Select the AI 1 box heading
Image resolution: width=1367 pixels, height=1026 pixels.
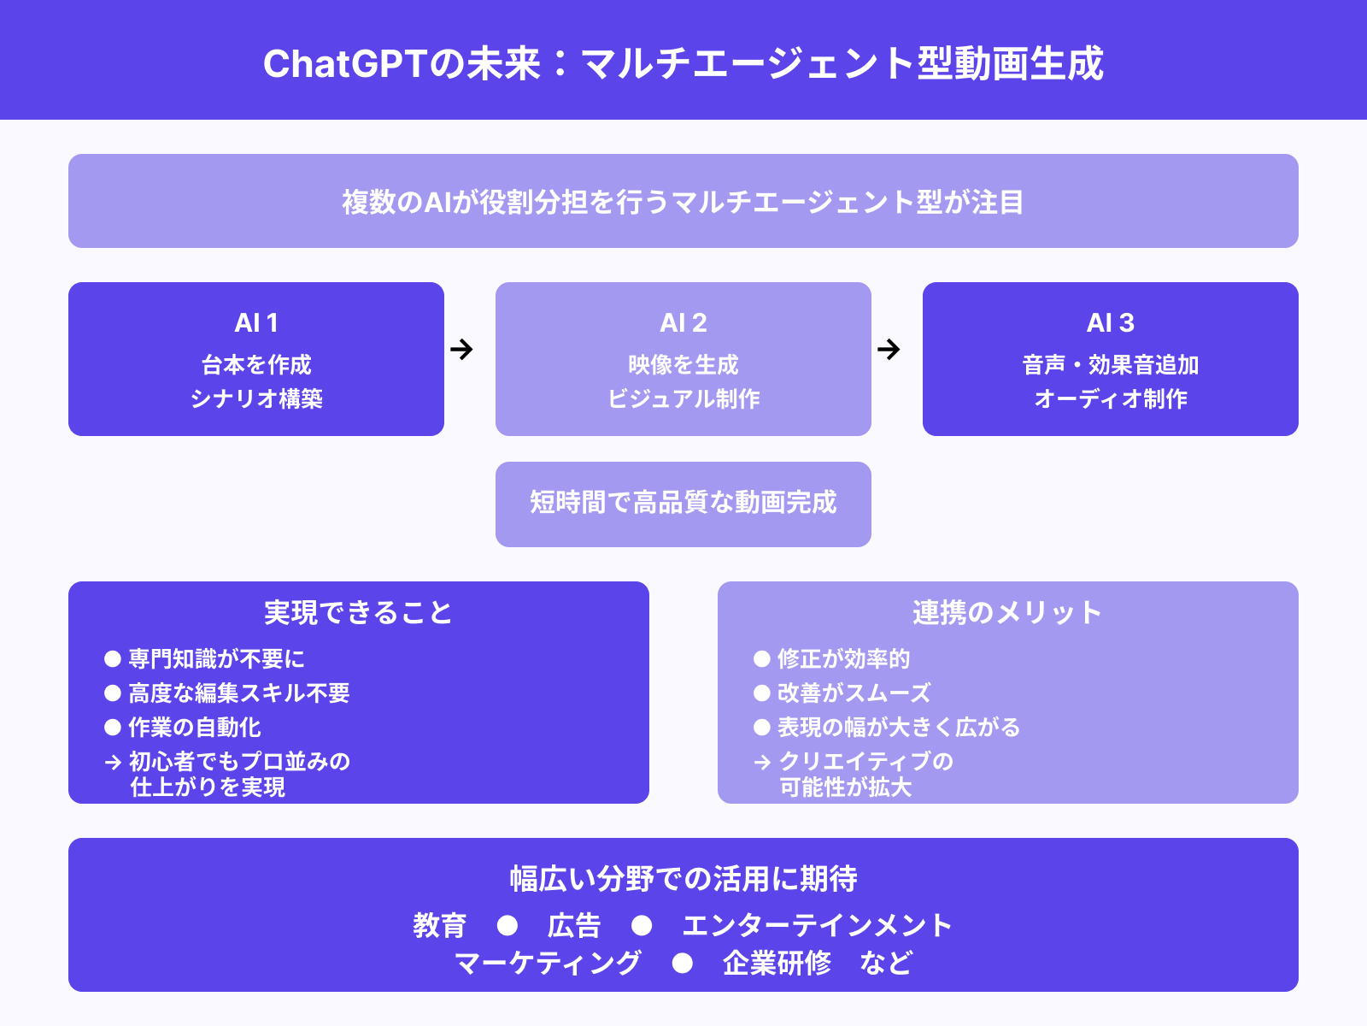(x=256, y=323)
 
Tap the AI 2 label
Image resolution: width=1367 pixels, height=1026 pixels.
(x=683, y=323)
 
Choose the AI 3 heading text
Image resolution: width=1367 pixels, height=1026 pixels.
(x=1111, y=323)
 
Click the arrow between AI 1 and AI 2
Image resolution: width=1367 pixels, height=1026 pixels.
(x=461, y=349)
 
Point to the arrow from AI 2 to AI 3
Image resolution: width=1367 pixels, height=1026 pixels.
(x=889, y=349)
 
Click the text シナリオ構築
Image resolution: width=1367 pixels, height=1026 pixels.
(x=256, y=399)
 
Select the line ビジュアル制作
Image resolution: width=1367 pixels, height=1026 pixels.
(x=683, y=399)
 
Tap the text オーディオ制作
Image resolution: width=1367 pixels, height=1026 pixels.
(x=1111, y=399)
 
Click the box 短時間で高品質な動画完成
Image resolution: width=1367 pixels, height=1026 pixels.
(x=683, y=503)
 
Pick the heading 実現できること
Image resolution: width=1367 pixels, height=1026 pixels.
(x=358, y=613)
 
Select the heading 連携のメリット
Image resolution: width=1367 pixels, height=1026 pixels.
(x=1007, y=613)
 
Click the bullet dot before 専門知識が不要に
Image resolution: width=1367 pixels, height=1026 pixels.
(x=113, y=658)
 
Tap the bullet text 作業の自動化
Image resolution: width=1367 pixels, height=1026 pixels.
(x=195, y=728)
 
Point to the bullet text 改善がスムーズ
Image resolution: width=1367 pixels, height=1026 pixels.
(x=854, y=693)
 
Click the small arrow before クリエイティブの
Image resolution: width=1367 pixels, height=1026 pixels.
(x=762, y=762)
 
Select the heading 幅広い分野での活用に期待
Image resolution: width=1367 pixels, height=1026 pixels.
(x=683, y=879)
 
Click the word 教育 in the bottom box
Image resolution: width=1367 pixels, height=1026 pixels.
(x=439, y=926)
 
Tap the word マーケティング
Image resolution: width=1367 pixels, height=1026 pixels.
(x=548, y=964)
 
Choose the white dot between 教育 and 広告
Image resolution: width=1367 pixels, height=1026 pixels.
(x=507, y=926)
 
